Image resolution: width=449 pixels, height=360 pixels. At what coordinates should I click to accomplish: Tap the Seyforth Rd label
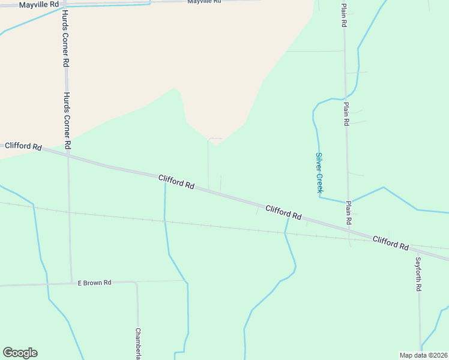[x=418, y=274]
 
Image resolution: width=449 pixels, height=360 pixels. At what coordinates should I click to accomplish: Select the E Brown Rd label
[x=95, y=283]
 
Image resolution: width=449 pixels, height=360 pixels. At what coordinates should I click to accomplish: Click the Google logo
[x=20, y=353]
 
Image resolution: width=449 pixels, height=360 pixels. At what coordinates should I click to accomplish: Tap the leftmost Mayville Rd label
[x=39, y=4]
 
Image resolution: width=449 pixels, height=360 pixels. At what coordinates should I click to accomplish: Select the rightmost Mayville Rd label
[x=204, y=2]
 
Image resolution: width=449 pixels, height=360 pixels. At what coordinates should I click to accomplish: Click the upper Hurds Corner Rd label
[x=65, y=39]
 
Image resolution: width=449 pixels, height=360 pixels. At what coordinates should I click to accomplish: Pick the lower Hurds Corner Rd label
[x=67, y=120]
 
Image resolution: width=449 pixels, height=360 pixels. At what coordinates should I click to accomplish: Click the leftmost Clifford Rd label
[x=23, y=146]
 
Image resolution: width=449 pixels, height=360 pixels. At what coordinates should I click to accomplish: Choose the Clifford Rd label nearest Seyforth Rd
[x=390, y=243]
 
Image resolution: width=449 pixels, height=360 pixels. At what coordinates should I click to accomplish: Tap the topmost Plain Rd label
[x=344, y=16]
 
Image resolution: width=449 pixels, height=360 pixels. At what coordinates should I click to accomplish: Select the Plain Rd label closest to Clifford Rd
[x=348, y=212]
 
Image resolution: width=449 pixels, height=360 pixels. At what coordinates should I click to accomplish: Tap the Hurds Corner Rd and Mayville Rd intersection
[x=65, y=4]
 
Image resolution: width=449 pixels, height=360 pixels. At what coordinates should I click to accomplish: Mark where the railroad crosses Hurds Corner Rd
[x=70, y=212]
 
